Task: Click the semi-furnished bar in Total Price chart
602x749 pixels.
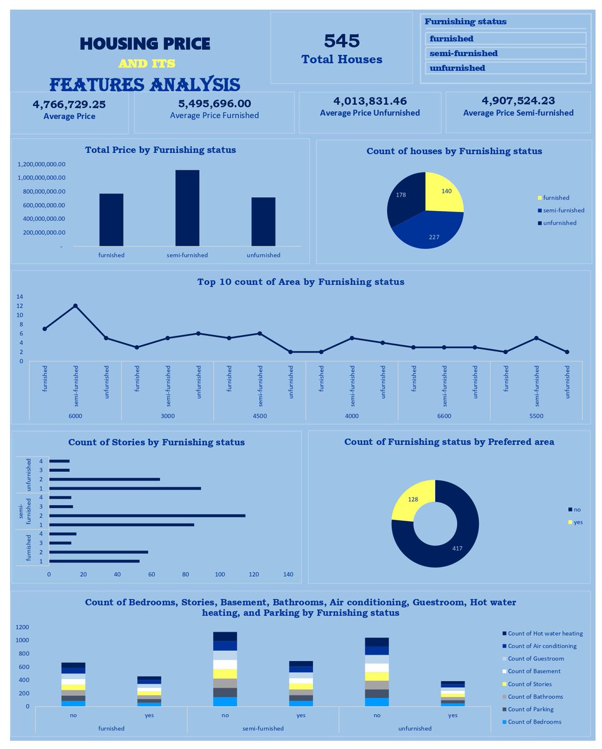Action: pos(187,208)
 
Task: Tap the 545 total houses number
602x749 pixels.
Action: pos(341,41)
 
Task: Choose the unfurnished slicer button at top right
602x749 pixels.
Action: pos(505,68)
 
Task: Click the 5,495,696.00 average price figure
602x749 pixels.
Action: pos(214,104)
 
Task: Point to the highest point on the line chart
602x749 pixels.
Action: pos(75,306)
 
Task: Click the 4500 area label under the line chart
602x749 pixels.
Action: pos(260,416)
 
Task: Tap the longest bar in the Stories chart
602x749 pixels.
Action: pos(147,516)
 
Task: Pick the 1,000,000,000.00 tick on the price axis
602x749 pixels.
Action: pos(41,177)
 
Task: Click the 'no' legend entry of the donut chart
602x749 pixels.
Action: pos(574,509)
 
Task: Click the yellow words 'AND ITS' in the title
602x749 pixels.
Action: pos(147,63)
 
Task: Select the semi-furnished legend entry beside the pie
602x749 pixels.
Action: pos(561,210)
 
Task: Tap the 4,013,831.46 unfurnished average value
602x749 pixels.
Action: pos(370,101)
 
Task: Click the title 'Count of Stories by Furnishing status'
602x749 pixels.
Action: pos(156,442)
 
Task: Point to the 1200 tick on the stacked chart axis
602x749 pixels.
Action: pos(22,627)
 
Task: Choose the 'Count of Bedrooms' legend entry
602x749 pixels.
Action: pos(531,722)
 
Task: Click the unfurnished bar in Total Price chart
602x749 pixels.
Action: pos(264,222)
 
